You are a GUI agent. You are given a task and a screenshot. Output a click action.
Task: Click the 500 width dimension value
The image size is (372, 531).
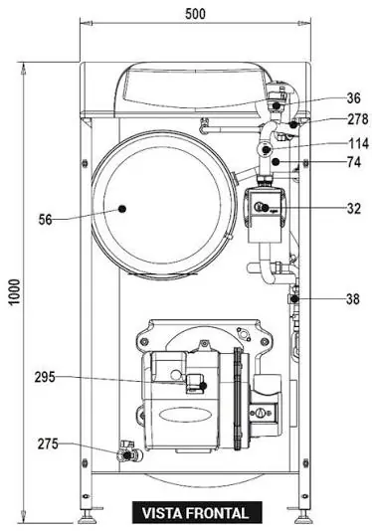click(x=195, y=14)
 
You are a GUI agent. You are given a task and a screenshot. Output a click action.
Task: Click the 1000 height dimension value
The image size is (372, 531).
click(x=15, y=292)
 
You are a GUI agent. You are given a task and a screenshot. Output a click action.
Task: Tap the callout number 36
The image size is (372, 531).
click(x=353, y=98)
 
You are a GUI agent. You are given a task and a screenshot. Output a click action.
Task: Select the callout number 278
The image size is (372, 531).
click(x=358, y=119)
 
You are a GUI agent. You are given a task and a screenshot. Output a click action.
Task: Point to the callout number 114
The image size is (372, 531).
click(x=359, y=143)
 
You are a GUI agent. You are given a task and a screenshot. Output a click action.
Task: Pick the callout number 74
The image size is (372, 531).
click(x=354, y=162)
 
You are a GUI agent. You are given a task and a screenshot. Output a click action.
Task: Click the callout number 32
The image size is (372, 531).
click(x=354, y=209)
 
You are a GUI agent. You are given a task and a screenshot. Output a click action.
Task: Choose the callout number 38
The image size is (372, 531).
click(x=353, y=299)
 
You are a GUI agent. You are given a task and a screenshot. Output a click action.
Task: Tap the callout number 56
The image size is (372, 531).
click(x=45, y=220)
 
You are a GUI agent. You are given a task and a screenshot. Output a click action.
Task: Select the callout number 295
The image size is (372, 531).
click(x=45, y=377)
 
